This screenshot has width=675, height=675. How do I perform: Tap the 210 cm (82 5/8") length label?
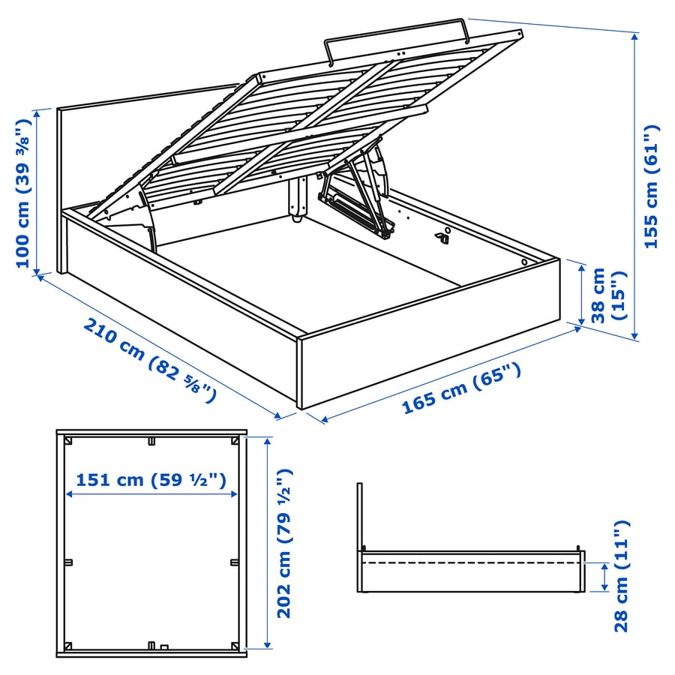click(150, 360)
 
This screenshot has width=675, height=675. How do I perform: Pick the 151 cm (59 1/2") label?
click(151, 480)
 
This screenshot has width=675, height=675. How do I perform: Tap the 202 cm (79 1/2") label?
click(283, 544)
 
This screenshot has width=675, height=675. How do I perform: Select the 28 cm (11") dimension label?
click(622, 576)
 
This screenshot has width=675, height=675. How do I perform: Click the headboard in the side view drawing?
click(360, 517)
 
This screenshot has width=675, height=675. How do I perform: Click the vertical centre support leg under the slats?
click(298, 199)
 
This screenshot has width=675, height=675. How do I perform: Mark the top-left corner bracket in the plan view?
click(68, 442)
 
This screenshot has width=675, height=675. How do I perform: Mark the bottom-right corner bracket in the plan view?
click(235, 645)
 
